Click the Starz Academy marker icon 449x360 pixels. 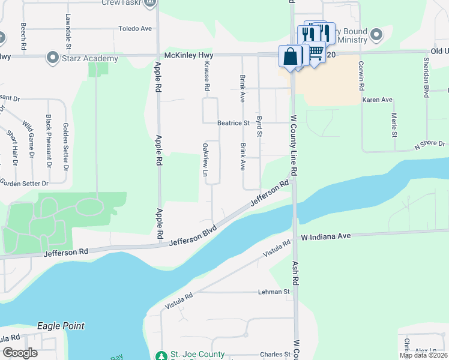click(52, 58)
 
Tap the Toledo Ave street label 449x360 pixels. click(135, 28)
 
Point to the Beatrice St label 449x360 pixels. click(234, 123)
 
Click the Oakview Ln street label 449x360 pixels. click(205, 160)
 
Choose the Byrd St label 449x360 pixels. click(259, 126)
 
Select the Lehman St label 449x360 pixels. click(274, 292)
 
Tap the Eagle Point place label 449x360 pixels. click(61, 326)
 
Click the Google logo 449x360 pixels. click(20, 353)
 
